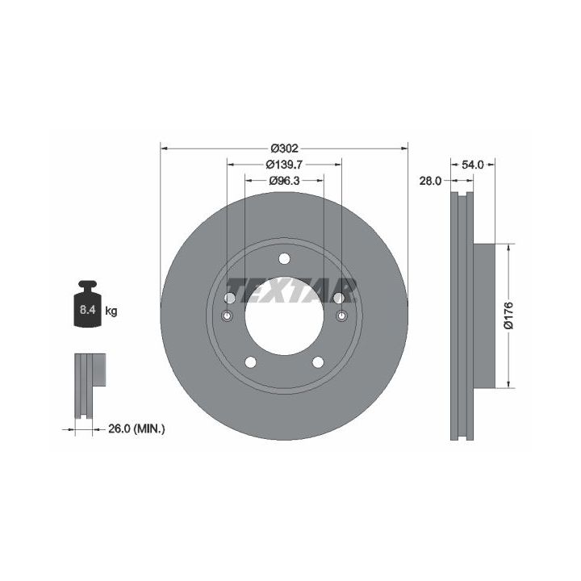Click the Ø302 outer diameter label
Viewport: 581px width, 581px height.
coord(284,148)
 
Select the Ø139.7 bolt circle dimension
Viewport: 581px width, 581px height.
coord(284,164)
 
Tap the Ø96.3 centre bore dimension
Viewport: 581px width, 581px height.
coord(284,181)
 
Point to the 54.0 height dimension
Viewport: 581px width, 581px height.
coord(472,165)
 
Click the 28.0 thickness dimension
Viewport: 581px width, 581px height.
coord(430,181)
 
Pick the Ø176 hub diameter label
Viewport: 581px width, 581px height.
coord(508,316)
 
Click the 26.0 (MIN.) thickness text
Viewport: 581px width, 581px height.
coord(136,428)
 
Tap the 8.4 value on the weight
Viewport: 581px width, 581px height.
coord(87,310)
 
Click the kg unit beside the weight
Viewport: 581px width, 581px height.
coord(111,311)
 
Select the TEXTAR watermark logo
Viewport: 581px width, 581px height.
coord(290,290)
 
